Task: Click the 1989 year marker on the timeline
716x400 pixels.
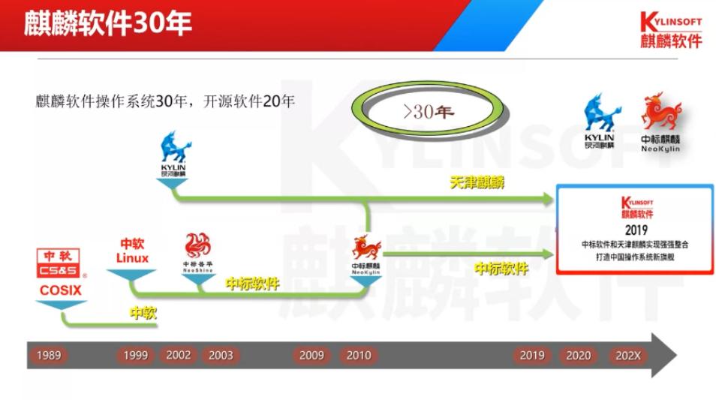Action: [x=47, y=355]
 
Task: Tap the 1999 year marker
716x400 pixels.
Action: [x=135, y=355]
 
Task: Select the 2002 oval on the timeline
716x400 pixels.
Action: [x=178, y=355]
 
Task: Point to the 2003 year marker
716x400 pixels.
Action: [x=221, y=355]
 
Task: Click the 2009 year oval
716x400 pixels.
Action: [x=311, y=355]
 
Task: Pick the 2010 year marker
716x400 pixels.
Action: [x=359, y=355]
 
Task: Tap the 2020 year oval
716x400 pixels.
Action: [x=578, y=355]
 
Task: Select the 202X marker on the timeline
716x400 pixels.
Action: [x=627, y=355]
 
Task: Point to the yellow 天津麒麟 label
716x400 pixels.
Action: [x=477, y=182]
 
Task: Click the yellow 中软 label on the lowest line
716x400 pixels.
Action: [x=143, y=313]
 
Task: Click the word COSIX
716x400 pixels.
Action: [x=61, y=290]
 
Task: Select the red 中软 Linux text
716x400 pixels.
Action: [x=132, y=251]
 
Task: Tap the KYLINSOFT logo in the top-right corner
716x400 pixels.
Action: [x=670, y=30]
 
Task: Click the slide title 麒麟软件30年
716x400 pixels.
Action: [x=108, y=24]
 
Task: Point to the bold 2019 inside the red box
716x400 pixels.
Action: [x=635, y=230]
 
